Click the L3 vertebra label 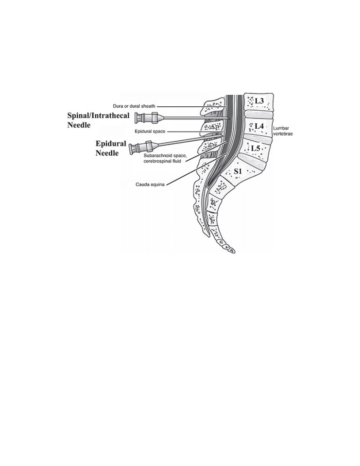coord(259,101)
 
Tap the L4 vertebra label coord(259,126)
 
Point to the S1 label coord(238,171)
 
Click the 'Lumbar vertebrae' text coord(283,131)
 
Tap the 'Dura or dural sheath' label coord(134,106)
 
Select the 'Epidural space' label coord(150,131)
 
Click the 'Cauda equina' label coord(150,184)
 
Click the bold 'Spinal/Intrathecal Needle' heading coord(98,120)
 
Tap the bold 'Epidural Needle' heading coord(111,148)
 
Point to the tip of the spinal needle coord(229,120)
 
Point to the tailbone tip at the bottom coord(233,251)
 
